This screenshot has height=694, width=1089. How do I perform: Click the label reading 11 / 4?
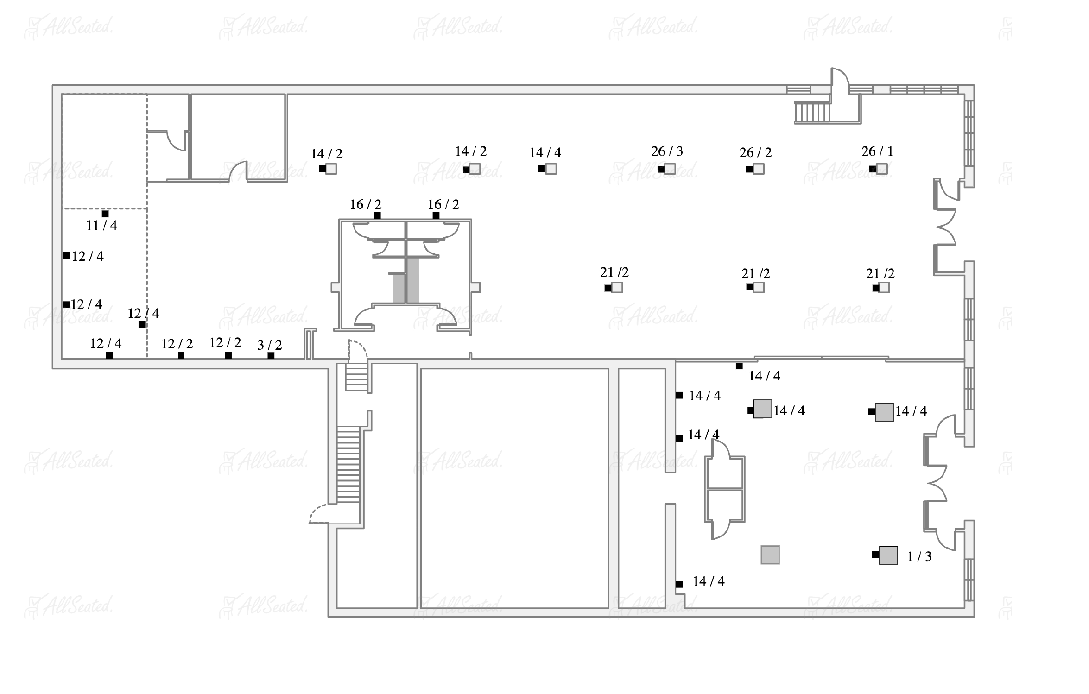[x=101, y=226]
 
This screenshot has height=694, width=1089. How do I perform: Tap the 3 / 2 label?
[x=269, y=345]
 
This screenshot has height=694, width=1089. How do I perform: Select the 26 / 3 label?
[x=667, y=151]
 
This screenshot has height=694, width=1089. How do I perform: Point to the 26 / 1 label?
[x=877, y=151]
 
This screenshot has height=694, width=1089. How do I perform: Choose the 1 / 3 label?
[x=919, y=556]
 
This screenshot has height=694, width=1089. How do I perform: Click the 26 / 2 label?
[x=755, y=152]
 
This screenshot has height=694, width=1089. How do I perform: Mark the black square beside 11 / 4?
[x=105, y=214]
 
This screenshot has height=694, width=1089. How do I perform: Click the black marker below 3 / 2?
[x=271, y=356]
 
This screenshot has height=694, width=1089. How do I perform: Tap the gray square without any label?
[x=770, y=555]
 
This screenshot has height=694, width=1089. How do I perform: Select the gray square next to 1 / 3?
[x=888, y=555]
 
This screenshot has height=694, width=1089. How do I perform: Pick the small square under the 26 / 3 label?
[x=669, y=169]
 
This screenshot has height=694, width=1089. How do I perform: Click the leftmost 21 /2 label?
[x=614, y=272]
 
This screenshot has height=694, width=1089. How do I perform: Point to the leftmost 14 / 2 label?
[x=326, y=154]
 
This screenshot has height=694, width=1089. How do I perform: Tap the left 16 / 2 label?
[x=365, y=204]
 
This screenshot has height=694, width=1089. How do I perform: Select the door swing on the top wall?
[x=840, y=79]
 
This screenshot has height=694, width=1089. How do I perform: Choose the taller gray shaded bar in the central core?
[x=413, y=280]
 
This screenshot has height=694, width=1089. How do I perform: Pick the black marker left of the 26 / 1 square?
[x=872, y=169]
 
